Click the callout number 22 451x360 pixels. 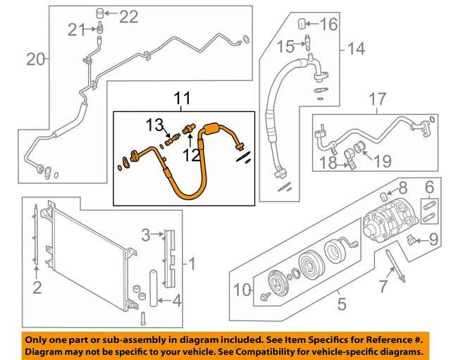(129, 15)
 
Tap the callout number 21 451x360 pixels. (76, 29)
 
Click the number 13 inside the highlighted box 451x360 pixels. (154, 125)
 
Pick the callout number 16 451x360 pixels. (329, 25)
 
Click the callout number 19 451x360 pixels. (381, 162)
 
